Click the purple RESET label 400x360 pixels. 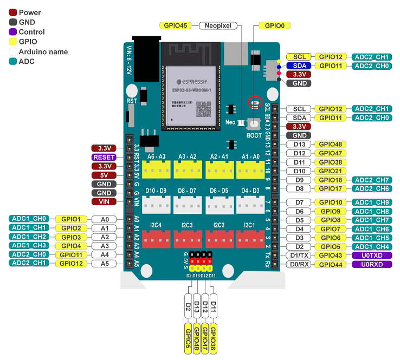coord(104,157)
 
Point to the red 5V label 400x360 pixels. coord(104,175)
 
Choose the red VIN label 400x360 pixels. coord(104,201)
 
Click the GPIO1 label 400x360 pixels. coord(70,219)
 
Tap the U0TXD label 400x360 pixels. coord(371,256)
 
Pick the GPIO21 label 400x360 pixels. coord(330,171)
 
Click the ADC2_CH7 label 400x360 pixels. coord(371,180)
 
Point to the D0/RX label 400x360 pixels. coord(299,265)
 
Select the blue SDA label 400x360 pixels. coord(299,66)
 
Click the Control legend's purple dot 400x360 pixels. coord(13,32)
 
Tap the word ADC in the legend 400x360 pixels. coord(27,61)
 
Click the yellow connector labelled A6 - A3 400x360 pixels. coord(157,169)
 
